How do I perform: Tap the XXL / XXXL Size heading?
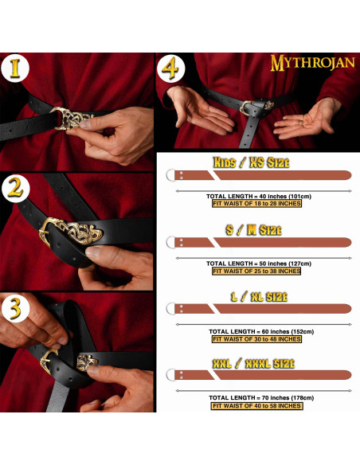pyautogui.click(x=251, y=363)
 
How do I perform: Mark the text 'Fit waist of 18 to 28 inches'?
pyautogui.click(x=256, y=204)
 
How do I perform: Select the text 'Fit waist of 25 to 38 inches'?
pyautogui.click(x=256, y=271)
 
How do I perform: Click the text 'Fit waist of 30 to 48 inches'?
pyautogui.click(x=256, y=338)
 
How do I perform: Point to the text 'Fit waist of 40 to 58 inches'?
pyautogui.click(x=256, y=406)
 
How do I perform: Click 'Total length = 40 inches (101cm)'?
pyautogui.click(x=256, y=196)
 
